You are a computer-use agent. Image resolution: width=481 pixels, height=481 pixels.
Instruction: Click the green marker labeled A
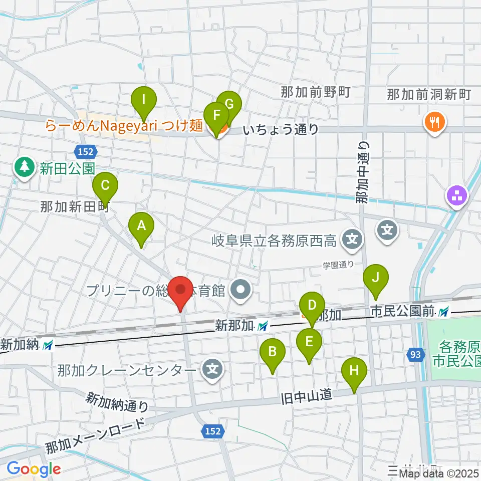(142, 227)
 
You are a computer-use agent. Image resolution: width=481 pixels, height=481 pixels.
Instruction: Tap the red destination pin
(180, 292)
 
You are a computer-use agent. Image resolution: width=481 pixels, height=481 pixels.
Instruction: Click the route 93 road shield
(414, 355)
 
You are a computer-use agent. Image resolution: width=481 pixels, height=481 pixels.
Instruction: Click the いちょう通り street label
(281, 130)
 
